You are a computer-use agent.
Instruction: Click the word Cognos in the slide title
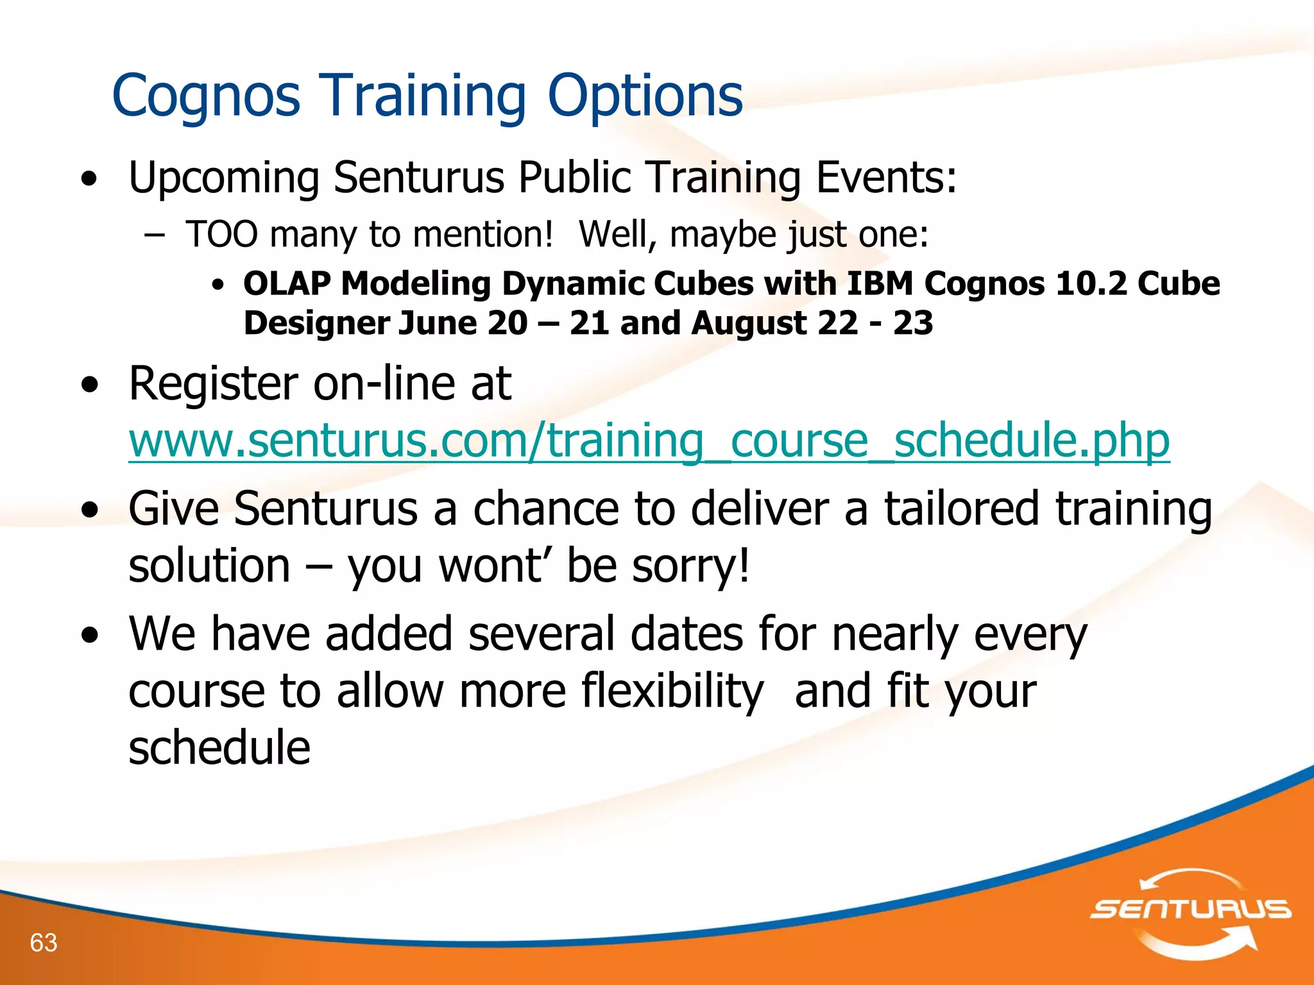(x=206, y=96)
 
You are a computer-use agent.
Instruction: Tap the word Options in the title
(x=645, y=96)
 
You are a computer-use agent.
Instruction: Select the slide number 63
(x=44, y=943)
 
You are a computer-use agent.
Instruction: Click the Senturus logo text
(x=1191, y=909)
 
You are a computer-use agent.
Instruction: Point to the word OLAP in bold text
(x=287, y=283)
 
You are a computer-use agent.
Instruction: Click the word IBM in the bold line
(x=880, y=283)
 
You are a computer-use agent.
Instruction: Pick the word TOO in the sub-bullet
(x=221, y=234)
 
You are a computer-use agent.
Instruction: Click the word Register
(x=212, y=383)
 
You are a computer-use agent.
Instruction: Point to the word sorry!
(x=691, y=566)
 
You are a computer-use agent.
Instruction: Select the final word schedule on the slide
(x=219, y=748)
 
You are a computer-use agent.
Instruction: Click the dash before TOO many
(x=154, y=235)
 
